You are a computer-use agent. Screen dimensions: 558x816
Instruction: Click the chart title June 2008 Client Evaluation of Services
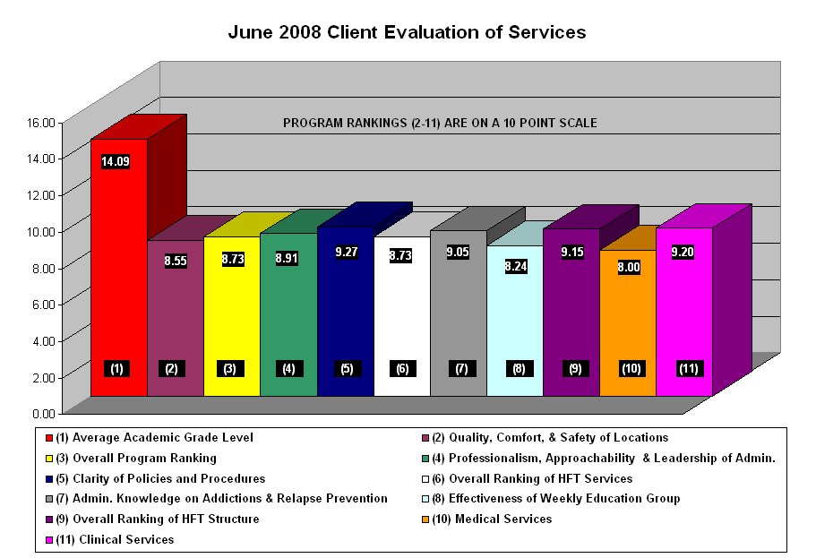click(407, 32)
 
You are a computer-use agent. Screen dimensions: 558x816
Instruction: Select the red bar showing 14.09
click(118, 269)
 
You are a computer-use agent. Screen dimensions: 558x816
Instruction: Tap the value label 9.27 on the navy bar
click(346, 252)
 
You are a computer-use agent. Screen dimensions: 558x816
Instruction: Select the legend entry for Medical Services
click(488, 519)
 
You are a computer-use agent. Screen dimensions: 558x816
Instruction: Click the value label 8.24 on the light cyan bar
click(515, 265)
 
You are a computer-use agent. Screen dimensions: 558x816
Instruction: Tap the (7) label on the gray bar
click(459, 368)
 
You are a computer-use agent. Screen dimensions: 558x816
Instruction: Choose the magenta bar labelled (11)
click(684, 313)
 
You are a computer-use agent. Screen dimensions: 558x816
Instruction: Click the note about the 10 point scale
click(440, 123)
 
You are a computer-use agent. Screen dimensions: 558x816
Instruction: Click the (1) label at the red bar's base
click(117, 368)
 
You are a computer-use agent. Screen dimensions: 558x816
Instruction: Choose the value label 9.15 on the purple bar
click(571, 252)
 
